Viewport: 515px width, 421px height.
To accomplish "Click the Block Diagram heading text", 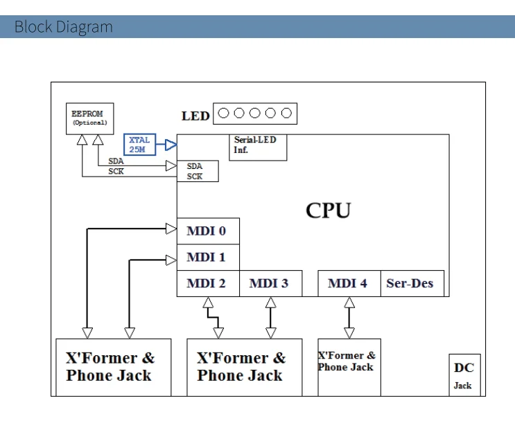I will [63, 27].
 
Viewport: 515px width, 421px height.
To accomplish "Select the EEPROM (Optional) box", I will [89, 118].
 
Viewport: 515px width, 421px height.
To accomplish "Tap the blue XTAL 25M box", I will [139, 145].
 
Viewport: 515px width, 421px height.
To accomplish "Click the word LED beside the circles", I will [195, 116].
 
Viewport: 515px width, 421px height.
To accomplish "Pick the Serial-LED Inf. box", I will [259, 147].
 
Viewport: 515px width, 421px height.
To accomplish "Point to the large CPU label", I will [328, 210].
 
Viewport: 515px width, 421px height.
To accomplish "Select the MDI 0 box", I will [208, 231].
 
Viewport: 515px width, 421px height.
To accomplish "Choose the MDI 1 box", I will [208, 258].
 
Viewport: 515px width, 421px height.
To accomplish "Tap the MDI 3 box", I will [270, 283].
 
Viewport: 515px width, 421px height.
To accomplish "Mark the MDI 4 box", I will [349, 283].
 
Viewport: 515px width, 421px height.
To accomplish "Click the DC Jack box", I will [464, 375].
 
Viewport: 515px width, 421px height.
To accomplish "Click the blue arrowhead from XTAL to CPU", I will [171, 145].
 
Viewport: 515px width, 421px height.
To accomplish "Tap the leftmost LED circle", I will [224, 113].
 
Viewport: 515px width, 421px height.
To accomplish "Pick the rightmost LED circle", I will [286, 113].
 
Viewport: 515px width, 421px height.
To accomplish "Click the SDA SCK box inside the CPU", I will [198, 171].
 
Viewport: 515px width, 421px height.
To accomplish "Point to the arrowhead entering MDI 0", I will [171, 229].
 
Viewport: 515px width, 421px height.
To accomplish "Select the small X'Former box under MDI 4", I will [349, 366].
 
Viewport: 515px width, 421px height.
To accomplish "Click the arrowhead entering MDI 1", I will [171, 260].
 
